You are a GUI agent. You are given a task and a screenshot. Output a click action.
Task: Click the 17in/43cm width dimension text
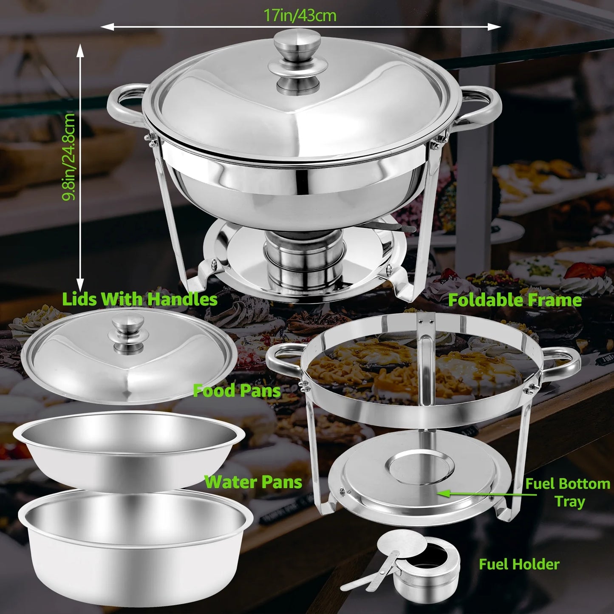click(300, 16)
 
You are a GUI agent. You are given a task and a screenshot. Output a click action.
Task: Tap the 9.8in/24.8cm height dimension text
click(69, 156)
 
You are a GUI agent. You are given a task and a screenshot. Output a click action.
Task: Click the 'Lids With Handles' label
click(140, 300)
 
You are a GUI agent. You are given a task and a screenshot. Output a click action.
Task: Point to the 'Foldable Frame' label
click(515, 300)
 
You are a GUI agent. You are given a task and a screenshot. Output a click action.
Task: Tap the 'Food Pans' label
click(237, 391)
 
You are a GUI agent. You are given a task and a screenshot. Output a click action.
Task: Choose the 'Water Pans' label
click(253, 482)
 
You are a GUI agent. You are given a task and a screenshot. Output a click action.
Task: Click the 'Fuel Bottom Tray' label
click(568, 492)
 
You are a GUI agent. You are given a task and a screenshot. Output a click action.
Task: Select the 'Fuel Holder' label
click(519, 564)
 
